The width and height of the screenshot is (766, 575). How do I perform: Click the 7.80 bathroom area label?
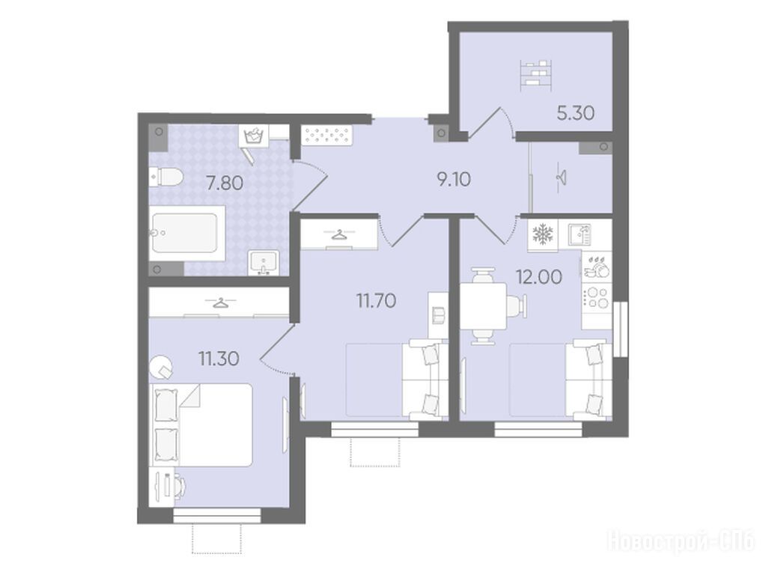click(224, 183)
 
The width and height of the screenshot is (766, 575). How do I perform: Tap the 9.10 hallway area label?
click(454, 180)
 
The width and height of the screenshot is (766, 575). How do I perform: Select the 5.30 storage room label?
click(576, 113)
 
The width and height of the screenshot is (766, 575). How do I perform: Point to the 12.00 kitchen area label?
click(539, 277)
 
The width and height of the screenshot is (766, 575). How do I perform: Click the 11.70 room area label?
click(376, 301)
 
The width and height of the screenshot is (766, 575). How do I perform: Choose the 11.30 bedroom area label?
click(219, 359)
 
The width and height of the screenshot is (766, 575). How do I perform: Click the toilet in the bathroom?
click(165, 177)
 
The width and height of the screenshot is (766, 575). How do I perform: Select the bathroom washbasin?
click(264, 262)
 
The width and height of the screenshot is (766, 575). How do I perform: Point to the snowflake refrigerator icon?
click(542, 235)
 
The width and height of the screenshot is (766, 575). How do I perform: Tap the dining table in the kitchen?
click(484, 305)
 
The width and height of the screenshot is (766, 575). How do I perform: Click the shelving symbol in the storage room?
click(536, 74)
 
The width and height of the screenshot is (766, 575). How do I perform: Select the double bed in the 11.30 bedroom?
click(202, 425)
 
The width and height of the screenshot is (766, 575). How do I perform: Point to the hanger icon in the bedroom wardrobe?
click(219, 303)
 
